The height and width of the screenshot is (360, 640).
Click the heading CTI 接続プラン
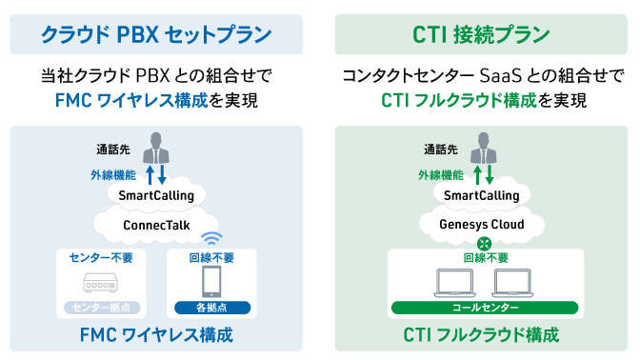pyautogui.click(x=481, y=35)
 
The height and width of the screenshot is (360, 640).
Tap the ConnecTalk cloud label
pyautogui.click(x=156, y=226)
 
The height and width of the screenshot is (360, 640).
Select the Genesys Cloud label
pyautogui.click(x=481, y=226)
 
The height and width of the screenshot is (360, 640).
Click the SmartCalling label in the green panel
pyautogui.click(x=482, y=195)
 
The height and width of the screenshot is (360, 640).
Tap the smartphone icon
pyautogui.click(x=212, y=282)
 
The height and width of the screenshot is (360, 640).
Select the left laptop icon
pyautogui.click(x=453, y=283)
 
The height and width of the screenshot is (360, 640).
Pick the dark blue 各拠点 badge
pyautogui.click(x=212, y=309)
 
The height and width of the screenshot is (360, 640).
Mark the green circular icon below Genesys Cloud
pyautogui.click(x=482, y=244)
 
